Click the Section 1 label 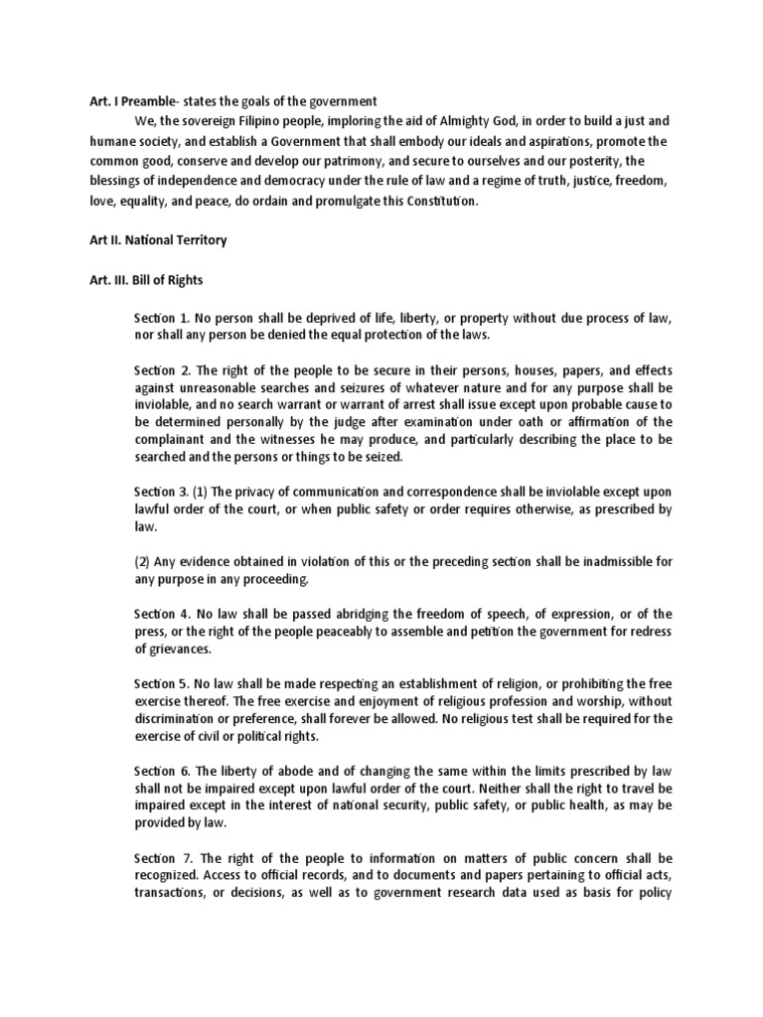[161, 317]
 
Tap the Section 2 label [161, 370]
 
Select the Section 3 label [161, 491]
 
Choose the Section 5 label [161, 685]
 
